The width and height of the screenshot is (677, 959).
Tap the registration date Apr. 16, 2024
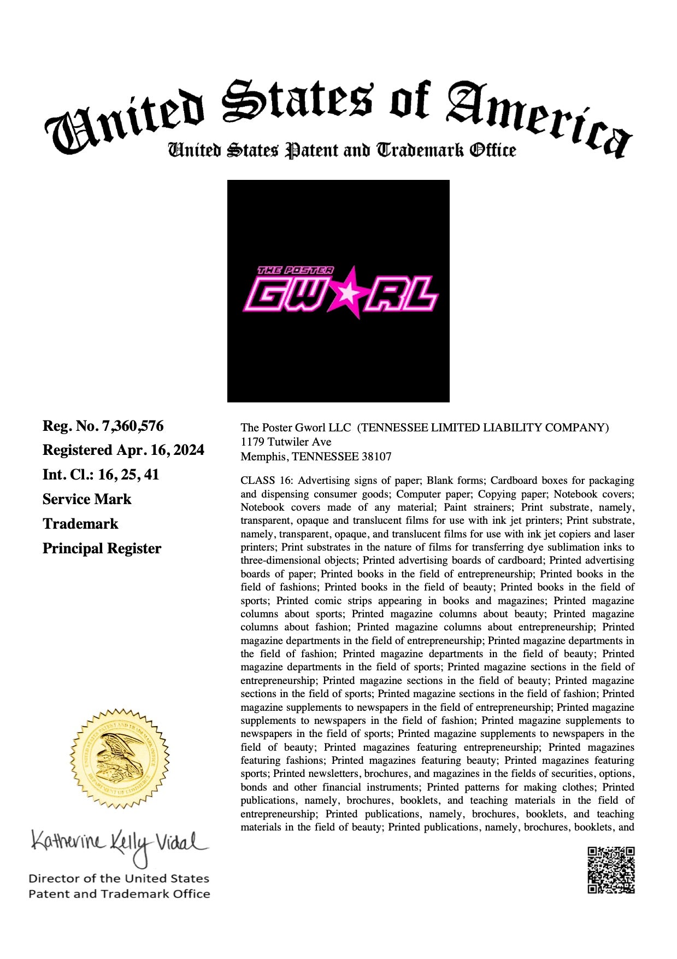(x=160, y=450)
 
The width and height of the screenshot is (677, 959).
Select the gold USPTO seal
(x=119, y=758)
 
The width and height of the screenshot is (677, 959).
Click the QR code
(x=611, y=870)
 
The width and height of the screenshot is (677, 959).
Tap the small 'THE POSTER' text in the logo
(x=295, y=270)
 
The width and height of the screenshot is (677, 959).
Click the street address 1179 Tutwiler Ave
(x=286, y=442)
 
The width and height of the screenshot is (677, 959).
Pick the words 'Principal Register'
(x=102, y=548)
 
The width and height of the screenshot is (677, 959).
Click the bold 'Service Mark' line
(x=87, y=499)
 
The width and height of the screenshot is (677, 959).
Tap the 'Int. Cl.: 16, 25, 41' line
(x=101, y=475)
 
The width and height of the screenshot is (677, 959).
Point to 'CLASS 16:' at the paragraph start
(x=266, y=481)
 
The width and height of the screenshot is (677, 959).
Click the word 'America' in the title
(x=538, y=118)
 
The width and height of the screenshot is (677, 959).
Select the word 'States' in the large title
(x=298, y=101)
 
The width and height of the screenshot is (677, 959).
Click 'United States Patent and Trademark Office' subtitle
(x=342, y=150)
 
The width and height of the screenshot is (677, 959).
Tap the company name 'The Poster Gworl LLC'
(x=296, y=428)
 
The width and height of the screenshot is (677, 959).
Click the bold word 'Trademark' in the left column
(x=80, y=524)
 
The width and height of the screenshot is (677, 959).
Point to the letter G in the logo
(x=266, y=295)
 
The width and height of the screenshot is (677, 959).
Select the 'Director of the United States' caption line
(x=119, y=879)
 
